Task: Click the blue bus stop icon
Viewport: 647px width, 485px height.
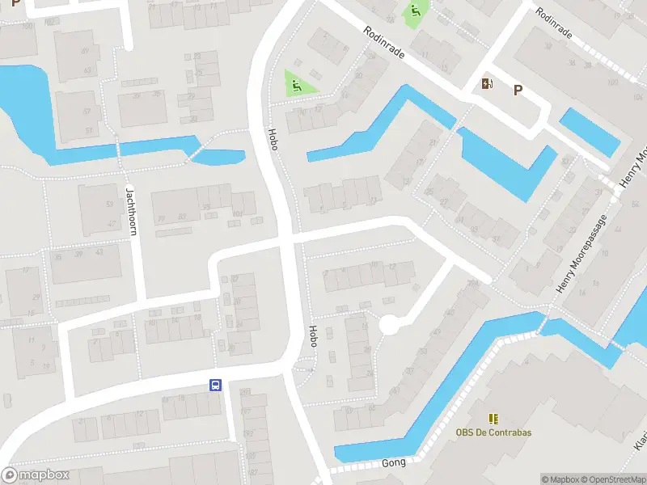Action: click(x=216, y=386)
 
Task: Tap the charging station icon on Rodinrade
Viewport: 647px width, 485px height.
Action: click(x=487, y=83)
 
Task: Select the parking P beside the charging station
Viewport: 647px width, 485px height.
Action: click(x=517, y=91)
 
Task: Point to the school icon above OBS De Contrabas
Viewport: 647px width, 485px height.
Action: click(x=493, y=418)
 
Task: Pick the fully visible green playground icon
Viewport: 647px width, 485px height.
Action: click(x=297, y=83)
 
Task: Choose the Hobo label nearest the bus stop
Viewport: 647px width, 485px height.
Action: click(x=313, y=336)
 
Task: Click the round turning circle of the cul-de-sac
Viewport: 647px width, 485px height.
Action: click(x=390, y=325)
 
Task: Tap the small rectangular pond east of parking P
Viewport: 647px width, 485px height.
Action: click(x=590, y=130)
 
